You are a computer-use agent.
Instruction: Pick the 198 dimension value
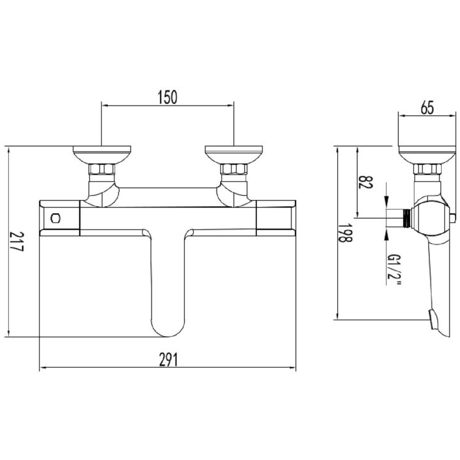pyautogui.click(x=345, y=233)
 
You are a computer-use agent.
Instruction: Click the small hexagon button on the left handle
pyautogui.click(x=56, y=218)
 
